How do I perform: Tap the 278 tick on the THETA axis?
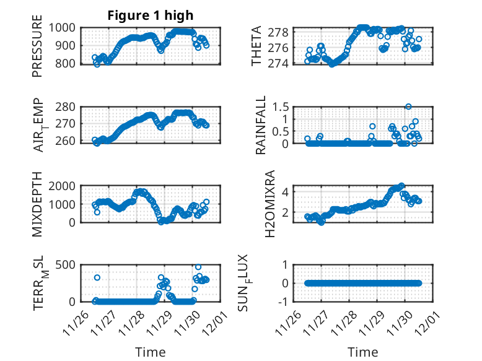282,32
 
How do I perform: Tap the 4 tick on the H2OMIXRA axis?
287,191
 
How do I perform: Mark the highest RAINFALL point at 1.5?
408,107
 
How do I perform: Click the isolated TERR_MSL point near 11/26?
97,277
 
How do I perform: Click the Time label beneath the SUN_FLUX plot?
362,352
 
